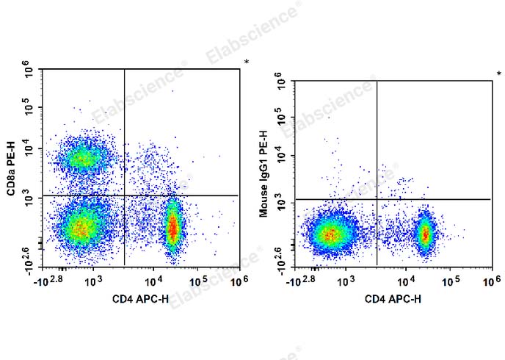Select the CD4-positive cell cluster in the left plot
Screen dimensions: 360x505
click(172, 228)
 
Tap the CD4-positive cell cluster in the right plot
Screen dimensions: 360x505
click(424, 234)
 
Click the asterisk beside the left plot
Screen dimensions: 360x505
click(247, 62)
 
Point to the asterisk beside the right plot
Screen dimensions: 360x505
click(499, 73)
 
